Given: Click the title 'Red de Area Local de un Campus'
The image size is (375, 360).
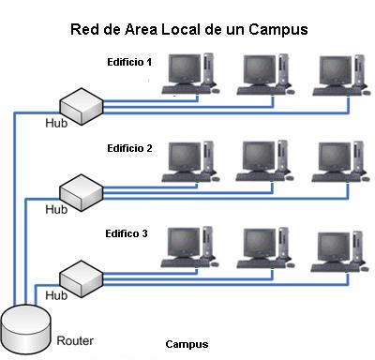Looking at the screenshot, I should [x=189, y=29].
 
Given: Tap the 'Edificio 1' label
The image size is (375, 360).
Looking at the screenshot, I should [x=129, y=62].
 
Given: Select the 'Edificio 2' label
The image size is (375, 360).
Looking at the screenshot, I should [x=129, y=148].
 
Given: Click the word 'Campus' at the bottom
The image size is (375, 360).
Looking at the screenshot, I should [x=186, y=344].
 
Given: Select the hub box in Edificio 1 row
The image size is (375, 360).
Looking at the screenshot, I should [x=79, y=103].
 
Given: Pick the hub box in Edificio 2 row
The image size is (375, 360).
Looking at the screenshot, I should [x=79, y=190].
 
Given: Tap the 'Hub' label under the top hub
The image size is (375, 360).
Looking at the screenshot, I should [x=57, y=123].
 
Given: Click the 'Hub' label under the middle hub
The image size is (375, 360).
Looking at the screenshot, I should [x=57, y=209].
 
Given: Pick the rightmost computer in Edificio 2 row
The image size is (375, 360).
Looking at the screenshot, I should [x=339, y=161].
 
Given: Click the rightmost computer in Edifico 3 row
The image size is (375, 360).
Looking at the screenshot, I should [x=339, y=247].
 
